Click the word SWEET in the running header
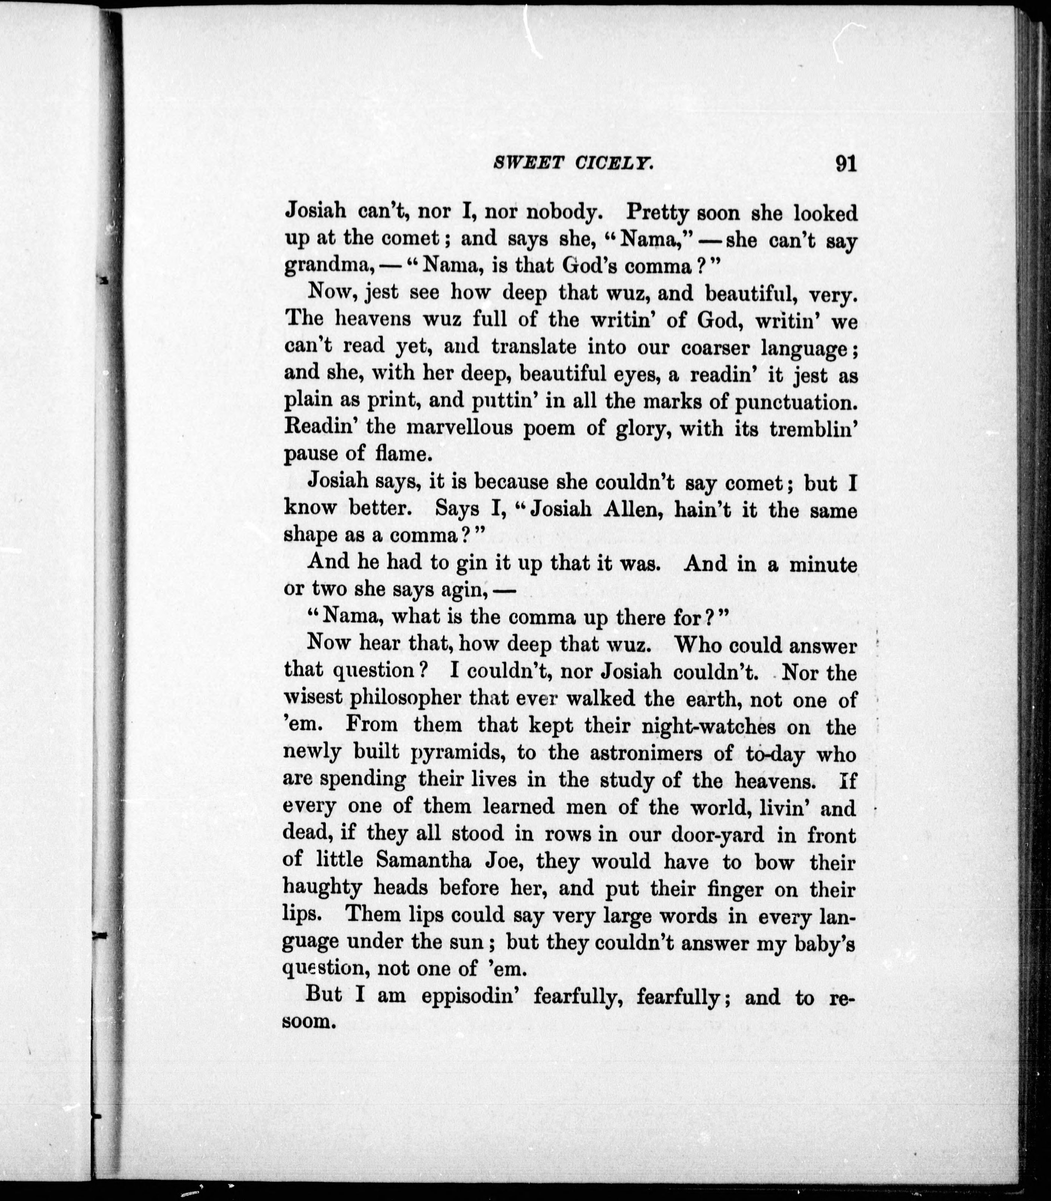520,163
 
